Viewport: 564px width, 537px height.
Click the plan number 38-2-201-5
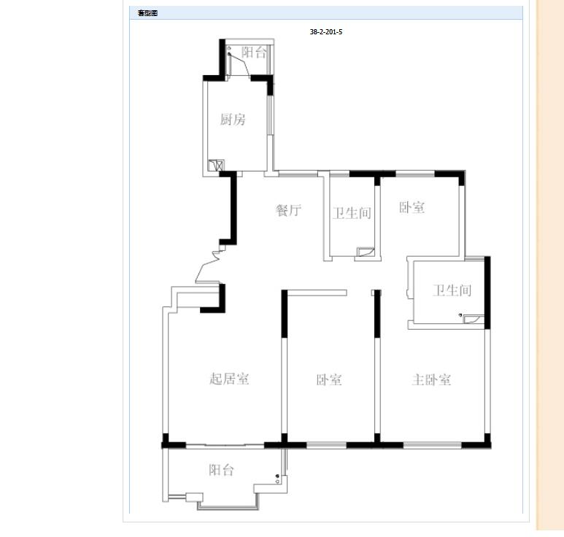pos(326,31)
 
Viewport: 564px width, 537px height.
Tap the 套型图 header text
pos(147,13)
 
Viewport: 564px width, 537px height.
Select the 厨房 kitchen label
pos(233,119)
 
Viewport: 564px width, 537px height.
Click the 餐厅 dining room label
pos(288,210)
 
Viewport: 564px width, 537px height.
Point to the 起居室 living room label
pos(229,379)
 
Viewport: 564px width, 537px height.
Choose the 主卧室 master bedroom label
pos(431,379)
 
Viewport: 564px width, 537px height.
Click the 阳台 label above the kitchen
pos(254,53)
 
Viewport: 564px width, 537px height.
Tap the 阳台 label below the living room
pos(221,470)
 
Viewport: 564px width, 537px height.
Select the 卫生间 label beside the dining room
pos(352,213)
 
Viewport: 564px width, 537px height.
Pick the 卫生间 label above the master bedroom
pos(452,290)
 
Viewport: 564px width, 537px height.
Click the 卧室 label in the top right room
pos(412,207)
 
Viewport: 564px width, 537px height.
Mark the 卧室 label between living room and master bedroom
pos(329,380)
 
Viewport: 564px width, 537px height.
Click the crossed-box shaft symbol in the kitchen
pos(216,165)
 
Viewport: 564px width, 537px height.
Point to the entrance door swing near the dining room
pos(207,267)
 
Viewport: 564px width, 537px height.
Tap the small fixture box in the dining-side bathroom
pos(366,252)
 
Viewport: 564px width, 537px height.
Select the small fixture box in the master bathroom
pos(473,319)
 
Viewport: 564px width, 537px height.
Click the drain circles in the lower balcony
pos(277,479)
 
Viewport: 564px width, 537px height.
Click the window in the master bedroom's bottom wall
pos(432,445)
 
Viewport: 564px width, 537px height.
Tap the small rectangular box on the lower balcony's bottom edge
pos(194,498)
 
